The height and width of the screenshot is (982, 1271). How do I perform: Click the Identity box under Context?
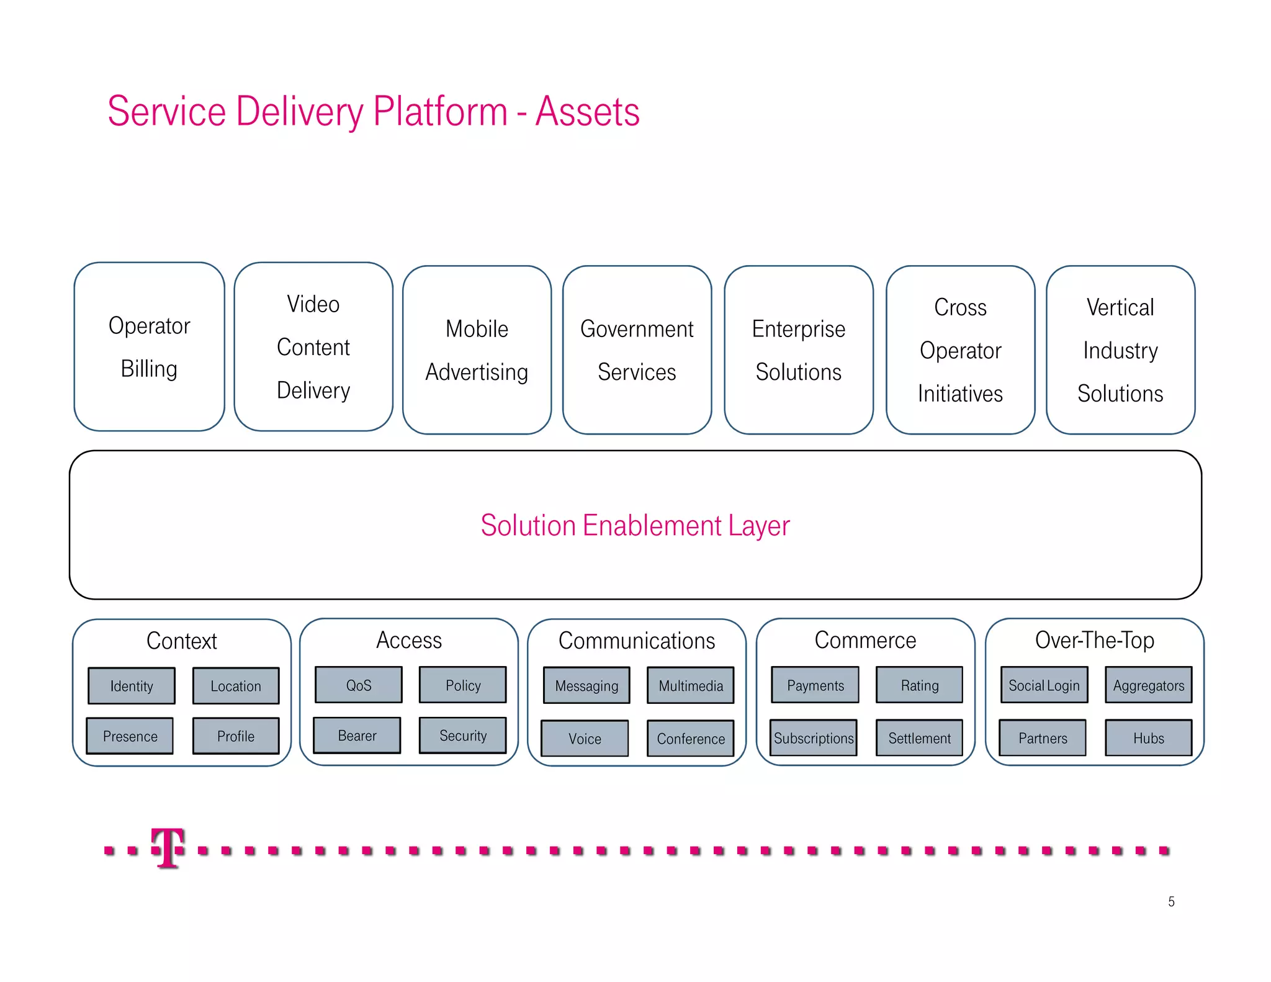(132, 686)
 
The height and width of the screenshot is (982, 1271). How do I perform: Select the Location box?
(236, 686)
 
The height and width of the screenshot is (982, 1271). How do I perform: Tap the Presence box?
(130, 736)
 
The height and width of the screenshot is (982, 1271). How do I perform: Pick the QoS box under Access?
(359, 685)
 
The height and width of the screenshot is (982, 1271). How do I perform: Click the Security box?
(463, 736)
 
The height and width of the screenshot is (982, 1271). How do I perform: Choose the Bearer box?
(357, 736)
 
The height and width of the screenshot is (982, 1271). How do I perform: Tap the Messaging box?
(586, 686)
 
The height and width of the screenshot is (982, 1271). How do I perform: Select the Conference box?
(691, 739)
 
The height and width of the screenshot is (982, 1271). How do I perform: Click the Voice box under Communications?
(585, 739)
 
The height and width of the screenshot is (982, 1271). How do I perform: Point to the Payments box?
(815, 685)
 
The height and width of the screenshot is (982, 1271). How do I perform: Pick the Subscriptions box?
(814, 738)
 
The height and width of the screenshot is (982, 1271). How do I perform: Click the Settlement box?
(919, 738)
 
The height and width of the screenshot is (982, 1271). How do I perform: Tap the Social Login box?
(1044, 685)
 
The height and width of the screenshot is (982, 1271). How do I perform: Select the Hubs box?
(1148, 738)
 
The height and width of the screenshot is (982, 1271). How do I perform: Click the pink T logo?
(168, 848)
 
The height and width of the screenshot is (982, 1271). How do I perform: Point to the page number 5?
(1171, 901)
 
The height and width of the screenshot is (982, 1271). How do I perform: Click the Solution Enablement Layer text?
(635, 526)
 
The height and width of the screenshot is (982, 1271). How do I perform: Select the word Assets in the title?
(587, 112)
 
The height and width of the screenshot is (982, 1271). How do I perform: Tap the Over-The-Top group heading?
(1094, 640)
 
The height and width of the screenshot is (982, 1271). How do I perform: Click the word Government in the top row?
(637, 329)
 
